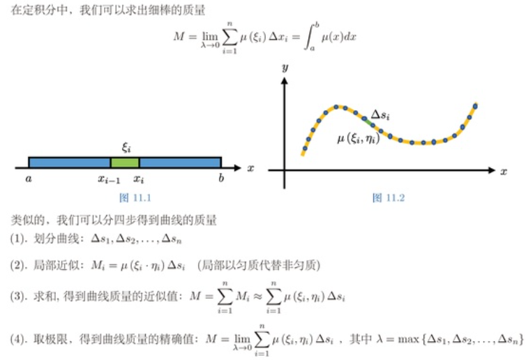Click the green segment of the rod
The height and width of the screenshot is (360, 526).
[125, 163]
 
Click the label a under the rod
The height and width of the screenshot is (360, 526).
[29, 179]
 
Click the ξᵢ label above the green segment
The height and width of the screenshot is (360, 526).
[126, 147]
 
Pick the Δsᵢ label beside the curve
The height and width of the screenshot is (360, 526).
[380, 114]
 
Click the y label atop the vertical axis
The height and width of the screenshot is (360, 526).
[285, 67]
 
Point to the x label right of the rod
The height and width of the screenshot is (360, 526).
[250, 168]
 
